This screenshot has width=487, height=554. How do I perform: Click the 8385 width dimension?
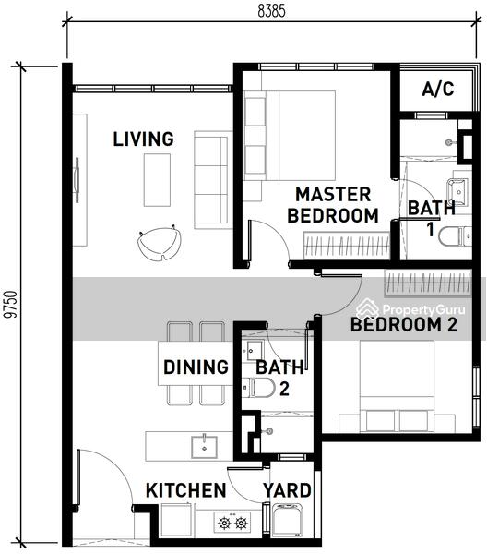pyautogui.click(x=271, y=11)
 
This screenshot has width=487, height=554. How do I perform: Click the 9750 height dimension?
pyautogui.click(x=11, y=305)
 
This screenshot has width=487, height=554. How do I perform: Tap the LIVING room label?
pyautogui.click(x=143, y=138)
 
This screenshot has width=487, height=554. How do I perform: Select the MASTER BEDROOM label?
pyautogui.click(x=333, y=205)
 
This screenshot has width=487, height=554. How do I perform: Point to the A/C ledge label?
pyautogui.click(x=438, y=89)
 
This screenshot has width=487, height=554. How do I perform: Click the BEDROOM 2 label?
pyautogui.click(x=404, y=324)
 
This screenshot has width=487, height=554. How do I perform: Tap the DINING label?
pyautogui.click(x=196, y=367)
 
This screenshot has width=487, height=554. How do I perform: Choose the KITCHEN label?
pyautogui.click(x=186, y=490)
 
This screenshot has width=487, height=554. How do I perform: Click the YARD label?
pyautogui.click(x=287, y=490)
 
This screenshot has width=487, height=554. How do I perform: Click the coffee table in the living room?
pyautogui.click(x=157, y=180)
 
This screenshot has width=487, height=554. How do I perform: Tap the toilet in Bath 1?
pyautogui.click(x=455, y=236)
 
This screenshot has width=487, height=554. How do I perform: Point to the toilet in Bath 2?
pyautogui.click(x=258, y=387)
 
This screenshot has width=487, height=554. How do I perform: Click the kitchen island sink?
pyautogui.click(x=205, y=447)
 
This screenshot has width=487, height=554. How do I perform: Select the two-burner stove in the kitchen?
pyautogui.click(x=232, y=523)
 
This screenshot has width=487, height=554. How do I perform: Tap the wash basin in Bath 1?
pyautogui.click(x=458, y=192)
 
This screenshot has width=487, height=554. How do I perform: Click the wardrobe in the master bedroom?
pyautogui.click(x=346, y=246)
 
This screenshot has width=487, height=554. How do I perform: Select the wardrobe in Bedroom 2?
pyautogui.click(x=428, y=283)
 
